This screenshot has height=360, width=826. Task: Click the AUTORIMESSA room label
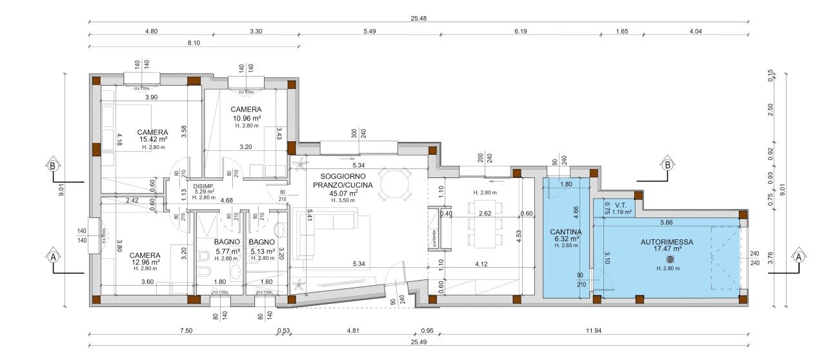point(667,243)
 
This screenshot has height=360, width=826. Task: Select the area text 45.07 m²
point(344,193)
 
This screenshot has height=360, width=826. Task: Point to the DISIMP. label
point(185,185)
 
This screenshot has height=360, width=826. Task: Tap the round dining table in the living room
point(394,185)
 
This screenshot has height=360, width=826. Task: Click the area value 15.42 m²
point(153,139)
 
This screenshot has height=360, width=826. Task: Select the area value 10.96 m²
point(247,118)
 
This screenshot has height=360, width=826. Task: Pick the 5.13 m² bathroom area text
point(263,251)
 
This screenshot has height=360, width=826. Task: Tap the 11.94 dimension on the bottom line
point(592,332)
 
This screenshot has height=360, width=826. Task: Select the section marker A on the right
point(798,255)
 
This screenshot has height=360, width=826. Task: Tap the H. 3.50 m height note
point(343,200)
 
